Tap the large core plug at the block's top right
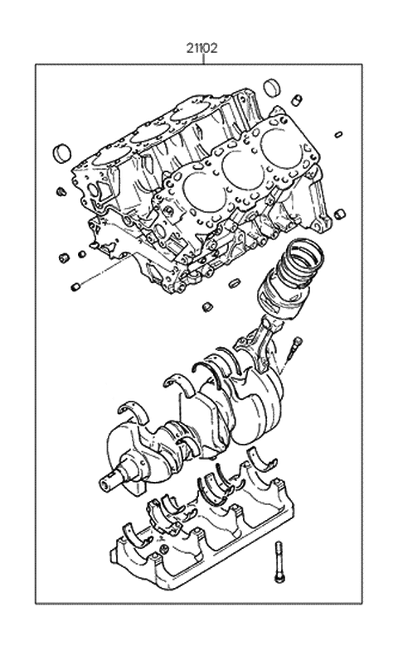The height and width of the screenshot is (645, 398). point(271,88)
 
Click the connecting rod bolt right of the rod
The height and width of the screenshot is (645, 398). point(294,352)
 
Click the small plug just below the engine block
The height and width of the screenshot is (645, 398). point(205,308)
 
